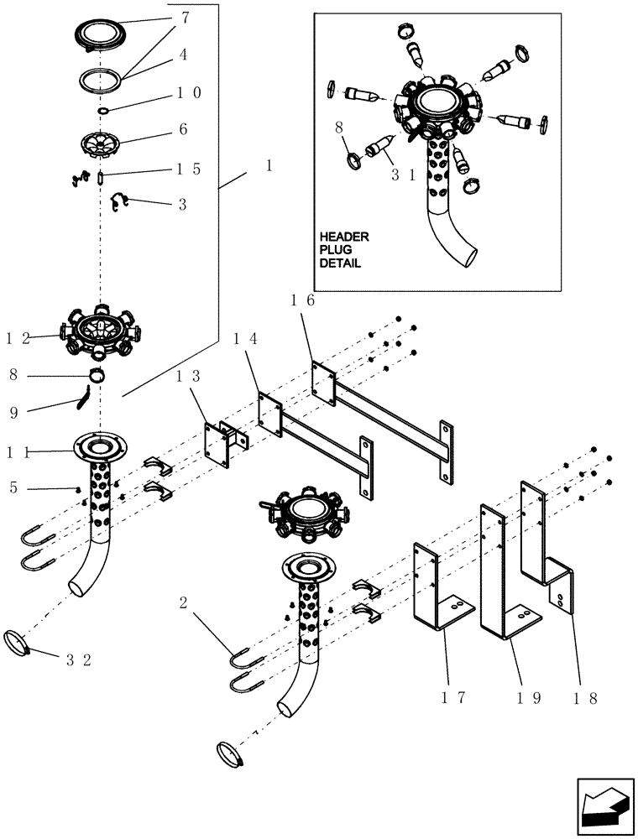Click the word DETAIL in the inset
[x=340, y=263]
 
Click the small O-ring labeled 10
[x=102, y=110]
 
